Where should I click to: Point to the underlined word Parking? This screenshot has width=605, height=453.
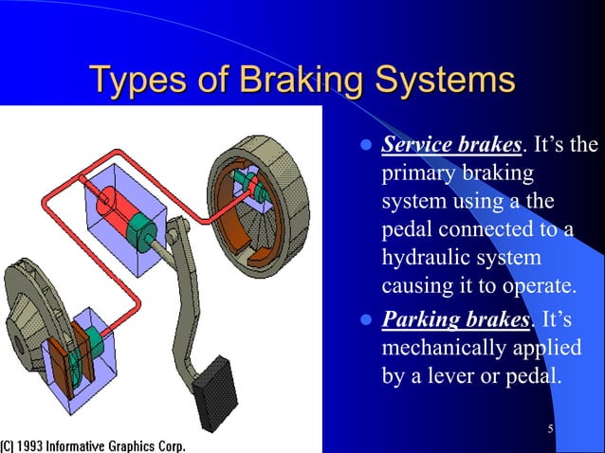[x=420, y=317]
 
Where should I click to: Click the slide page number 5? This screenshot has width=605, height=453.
[x=551, y=431]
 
